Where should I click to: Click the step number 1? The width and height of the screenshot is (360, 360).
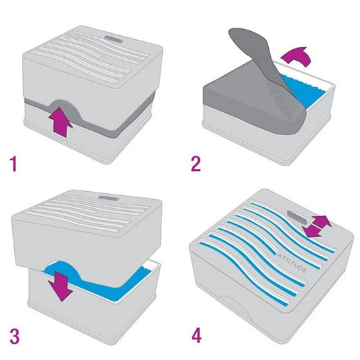[14, 163]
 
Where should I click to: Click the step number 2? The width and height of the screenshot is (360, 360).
[196, 163]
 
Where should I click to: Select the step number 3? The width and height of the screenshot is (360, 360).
[15, 336]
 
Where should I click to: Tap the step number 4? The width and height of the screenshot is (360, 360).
[197, 336]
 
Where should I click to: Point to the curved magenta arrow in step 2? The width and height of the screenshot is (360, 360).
[297, 56]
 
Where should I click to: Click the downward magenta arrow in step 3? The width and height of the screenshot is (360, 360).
[61, 286]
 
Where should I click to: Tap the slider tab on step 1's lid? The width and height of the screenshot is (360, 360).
[114, 39]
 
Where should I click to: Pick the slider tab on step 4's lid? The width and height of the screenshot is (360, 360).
[297, 217]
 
